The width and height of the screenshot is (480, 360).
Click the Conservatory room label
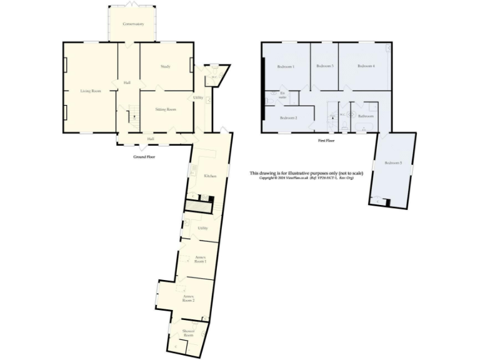[x=133, y=24]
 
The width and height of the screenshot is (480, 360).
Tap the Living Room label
[x=91, y=91]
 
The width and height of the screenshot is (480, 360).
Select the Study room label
[x=165, y=66]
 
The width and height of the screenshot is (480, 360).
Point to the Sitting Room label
[x=166, y=109]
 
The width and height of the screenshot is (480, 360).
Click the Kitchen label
[x=210, y=176]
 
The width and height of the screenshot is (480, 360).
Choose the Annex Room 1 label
[x=201, y=259]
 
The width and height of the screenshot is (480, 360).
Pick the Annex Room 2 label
[x=189, y=298]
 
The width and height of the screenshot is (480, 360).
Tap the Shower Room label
[x=188, y=333]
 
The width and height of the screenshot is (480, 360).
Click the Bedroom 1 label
[x=286, y=66]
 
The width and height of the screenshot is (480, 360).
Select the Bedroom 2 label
[x=288, y=117]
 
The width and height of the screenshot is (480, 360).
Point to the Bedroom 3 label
[x=324, y=66]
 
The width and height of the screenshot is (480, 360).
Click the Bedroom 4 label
[x=366, y=66]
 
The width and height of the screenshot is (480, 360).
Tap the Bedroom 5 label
[x=393, y=163]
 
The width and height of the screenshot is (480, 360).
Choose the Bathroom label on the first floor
[x=366, y=116]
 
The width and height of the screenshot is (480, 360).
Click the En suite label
[x=282, y=96]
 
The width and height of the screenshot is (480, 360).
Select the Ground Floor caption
[x=144, y=157]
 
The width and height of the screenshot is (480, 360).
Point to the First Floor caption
[x=326, y=141]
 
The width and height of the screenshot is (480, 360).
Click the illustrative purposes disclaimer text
[x=306, y=172]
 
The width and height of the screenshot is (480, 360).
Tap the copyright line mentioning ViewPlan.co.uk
[x=306, y=178]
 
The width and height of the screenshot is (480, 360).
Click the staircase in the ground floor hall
[x=133, y=114]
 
